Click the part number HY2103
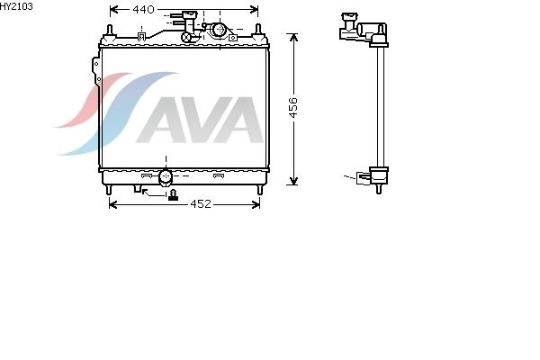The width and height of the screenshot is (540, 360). pos(16,6)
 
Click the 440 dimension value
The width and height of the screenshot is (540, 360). pos(143,10)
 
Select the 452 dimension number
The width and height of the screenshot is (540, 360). pos(201,204)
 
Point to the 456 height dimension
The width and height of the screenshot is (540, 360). pos(293,107)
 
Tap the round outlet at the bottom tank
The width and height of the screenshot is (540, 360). pos(166,176)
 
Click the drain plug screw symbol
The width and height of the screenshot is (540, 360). pos(173,195)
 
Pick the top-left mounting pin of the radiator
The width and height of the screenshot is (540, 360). pos(110,31)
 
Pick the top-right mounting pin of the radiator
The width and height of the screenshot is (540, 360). pos(258,31)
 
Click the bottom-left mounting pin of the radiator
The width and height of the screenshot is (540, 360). pos(109,190)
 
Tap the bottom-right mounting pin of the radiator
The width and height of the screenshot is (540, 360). pos(260,190)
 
